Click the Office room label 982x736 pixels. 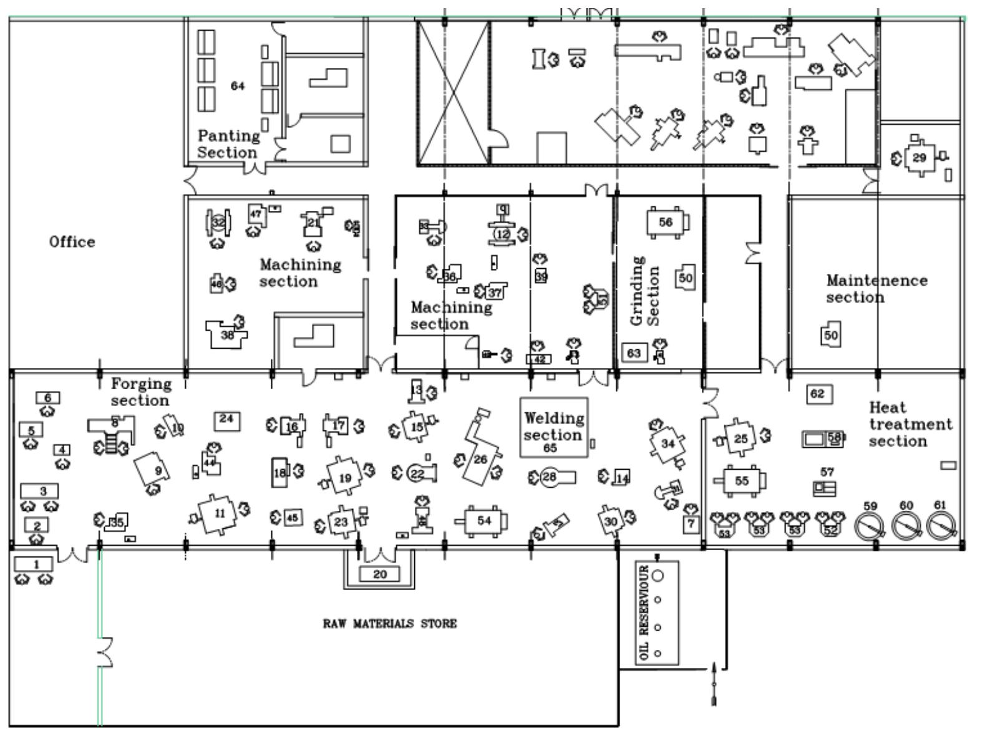(72, 242)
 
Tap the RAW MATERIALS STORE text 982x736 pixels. (389, 624)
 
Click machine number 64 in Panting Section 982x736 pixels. (238, 86)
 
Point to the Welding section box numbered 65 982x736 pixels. (553, 427)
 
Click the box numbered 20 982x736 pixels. (380, 574)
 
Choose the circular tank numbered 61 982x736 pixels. (940, 526)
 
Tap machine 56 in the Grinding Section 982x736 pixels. (666, 223)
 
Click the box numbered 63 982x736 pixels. (634, 353)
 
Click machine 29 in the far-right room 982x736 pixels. (919, 158)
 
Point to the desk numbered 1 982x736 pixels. (35, 564)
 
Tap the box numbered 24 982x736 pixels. (226, 419)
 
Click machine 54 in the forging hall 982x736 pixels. (484, 520)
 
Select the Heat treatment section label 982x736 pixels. (910, 425)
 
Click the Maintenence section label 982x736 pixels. (876, 289)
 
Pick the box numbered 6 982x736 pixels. (47, 398)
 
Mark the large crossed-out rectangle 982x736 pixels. (453, 93)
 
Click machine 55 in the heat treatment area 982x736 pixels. (741, 481)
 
